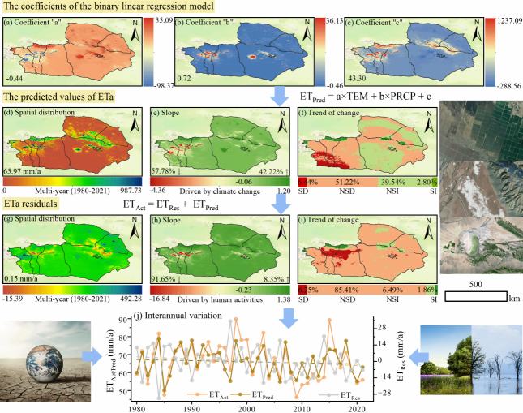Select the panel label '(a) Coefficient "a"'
point(36,22)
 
